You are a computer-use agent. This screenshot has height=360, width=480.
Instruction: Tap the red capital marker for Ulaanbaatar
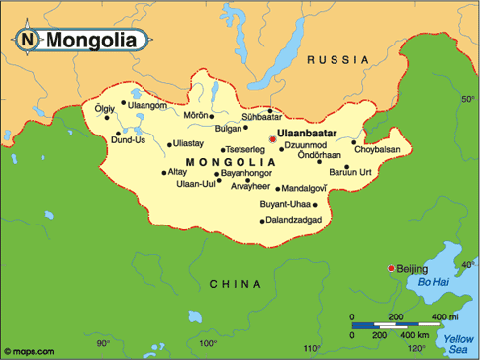pyautogui.click(x=272, y=139)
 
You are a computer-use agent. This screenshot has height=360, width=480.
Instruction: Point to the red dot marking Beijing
pyautogui.click(x=392, y=269)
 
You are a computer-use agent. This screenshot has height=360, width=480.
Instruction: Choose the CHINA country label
pyautogui.click(x=237, y=284)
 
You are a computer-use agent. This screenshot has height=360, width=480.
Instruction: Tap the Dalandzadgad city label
pyautogui.click(x=294, y=220)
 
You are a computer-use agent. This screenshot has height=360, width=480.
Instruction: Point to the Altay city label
pyautogui.click(x=149, y=172)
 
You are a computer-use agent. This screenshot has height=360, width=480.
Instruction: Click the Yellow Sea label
pyautogui.click(x=458, y=343)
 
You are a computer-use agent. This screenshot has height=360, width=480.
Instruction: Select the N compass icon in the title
pyautogui.click(x=28, y=41)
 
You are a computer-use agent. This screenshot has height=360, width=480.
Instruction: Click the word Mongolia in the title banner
pyautogui.click(x=94, y=41)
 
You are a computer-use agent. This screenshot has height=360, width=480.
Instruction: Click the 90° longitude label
pyautogui.click(x=103, y=344)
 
